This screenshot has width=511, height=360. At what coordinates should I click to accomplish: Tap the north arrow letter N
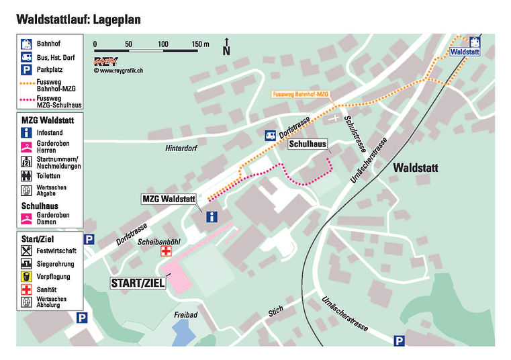pos(226,50)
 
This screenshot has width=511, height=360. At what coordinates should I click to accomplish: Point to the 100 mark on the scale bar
pos(163,44)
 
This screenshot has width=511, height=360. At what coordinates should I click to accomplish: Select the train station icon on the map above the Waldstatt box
pos(475,40)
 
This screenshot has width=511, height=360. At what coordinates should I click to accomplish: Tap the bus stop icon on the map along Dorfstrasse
pos(271,135)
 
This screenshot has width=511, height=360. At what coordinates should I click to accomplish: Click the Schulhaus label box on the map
pos(308,144)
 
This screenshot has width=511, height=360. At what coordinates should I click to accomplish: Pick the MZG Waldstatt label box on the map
pos(169,199)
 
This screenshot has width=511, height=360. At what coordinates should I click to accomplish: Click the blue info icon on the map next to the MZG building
pos(212,216)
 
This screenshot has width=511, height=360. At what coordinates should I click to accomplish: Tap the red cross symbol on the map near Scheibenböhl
pos(166,251)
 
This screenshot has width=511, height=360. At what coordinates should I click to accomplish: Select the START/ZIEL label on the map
pos(138,283)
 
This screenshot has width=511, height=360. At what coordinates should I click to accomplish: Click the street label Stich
pos(275,310)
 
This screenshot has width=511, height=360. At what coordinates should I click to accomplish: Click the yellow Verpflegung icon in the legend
pos(26,276)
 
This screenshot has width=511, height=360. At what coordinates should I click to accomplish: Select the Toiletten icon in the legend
pos(26,176)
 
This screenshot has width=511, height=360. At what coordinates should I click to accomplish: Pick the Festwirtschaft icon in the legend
pos(26,250)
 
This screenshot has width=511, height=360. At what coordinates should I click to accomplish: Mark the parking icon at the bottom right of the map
pos(400,341)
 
